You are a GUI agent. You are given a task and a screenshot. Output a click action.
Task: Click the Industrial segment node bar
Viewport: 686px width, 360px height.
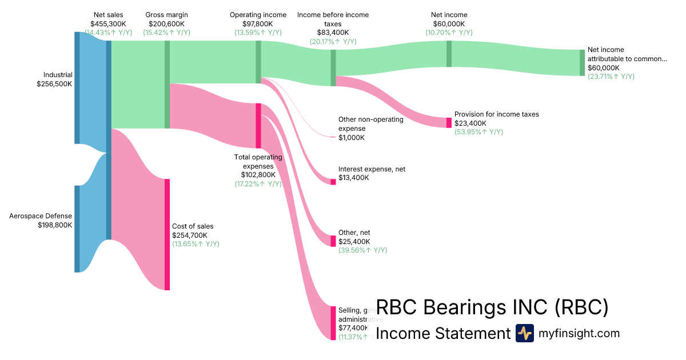click(77, 87)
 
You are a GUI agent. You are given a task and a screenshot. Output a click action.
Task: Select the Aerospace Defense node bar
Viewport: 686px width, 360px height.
click(77, 229)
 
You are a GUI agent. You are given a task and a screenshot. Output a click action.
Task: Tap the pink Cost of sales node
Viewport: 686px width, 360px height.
click(167, 234)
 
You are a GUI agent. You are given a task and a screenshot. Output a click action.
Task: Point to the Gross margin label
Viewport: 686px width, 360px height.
click(167, 15)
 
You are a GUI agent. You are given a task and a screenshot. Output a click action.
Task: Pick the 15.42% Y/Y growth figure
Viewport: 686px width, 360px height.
click(166, 33)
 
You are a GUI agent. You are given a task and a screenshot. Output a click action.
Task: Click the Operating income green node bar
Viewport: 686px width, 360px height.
click(258, 62)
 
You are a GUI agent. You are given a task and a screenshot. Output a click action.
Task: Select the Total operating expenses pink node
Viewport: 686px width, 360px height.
click(258, 126)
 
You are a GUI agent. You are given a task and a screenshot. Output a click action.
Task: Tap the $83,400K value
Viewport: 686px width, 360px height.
click(333, 33)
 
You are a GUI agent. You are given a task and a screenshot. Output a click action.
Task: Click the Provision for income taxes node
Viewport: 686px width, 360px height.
click(449, 123)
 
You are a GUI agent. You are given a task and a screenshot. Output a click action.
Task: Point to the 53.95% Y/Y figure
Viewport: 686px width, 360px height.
click(478, 132)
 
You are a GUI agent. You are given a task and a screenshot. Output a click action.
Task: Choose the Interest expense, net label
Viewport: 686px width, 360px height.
click(372, 169)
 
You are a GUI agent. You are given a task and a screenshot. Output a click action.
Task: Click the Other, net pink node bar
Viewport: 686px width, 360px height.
click(333, 241)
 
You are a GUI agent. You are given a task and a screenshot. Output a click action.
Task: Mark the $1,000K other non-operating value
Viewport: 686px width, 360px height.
click(352, 138)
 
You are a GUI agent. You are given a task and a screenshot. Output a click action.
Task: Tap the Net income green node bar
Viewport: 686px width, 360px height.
click(449, 54)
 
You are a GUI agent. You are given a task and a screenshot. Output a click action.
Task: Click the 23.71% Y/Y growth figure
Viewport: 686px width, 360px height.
click(611, 76)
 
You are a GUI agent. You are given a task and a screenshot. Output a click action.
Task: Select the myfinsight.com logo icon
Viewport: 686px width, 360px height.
click(524, 333)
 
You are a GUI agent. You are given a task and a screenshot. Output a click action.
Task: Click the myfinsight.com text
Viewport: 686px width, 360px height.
click(579, 333)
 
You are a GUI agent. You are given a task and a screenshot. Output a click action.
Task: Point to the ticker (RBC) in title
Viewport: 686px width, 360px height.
click(580, 307)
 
